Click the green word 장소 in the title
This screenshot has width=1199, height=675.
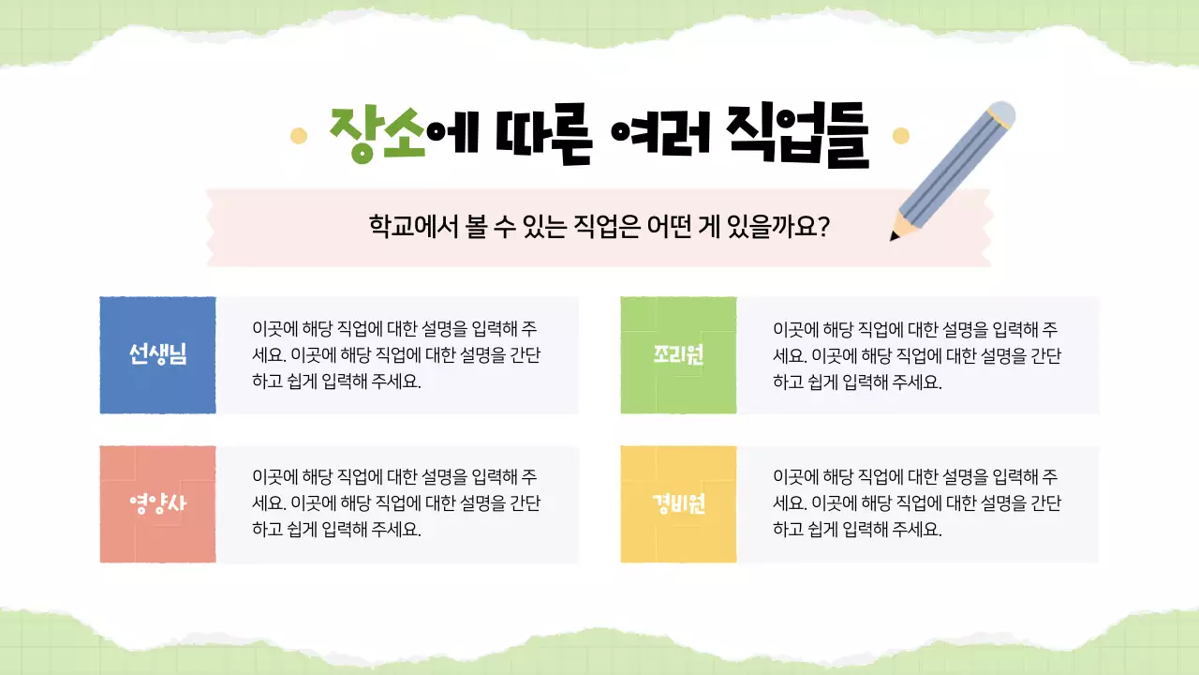click(377, 136)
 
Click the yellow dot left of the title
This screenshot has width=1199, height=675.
click(299, 136)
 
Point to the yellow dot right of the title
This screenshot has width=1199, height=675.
click(901, 136)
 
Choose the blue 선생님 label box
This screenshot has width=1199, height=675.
click(157, 354)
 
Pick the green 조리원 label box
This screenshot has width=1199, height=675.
click(678, 354)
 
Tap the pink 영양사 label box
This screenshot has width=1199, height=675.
click(157, 504)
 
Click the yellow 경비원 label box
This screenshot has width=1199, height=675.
click(678, 504)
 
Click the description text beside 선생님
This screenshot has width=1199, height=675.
click(396, 355)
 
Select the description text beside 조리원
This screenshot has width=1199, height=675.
click(917, 355)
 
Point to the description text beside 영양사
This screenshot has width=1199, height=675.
click(396, 502)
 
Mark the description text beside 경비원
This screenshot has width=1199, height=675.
click(917, 502)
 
